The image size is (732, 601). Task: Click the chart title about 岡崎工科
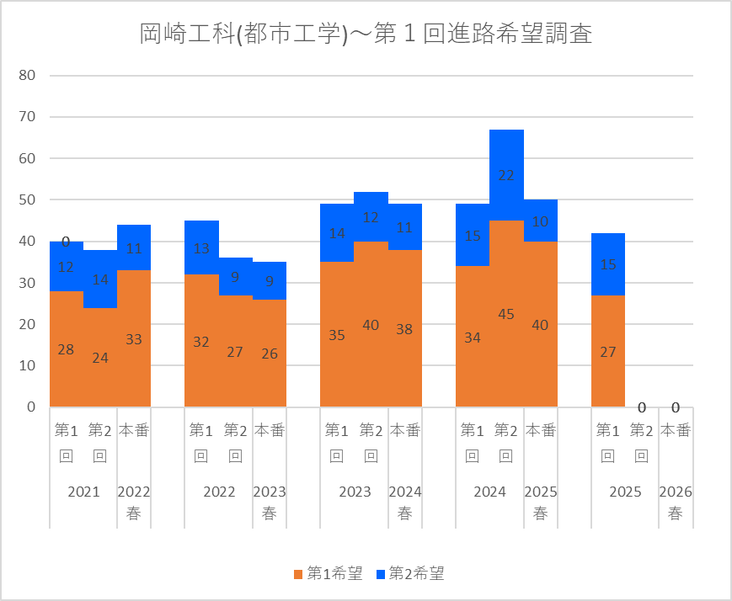366,35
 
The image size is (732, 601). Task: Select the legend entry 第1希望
328,574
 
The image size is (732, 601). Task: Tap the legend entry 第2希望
410,574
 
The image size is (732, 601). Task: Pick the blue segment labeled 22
506,175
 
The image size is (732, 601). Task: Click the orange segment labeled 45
506,313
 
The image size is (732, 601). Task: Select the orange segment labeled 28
66,348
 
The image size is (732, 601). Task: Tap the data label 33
134,340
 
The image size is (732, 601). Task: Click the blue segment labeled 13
201,248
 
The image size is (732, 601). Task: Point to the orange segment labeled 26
270,354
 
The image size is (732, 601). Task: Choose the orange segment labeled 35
337,334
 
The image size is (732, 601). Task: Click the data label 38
404,329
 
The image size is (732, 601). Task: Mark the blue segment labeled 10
540,221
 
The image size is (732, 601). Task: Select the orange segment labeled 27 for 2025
607,351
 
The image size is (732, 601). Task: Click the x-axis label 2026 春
676,503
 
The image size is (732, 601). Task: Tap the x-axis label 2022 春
134,503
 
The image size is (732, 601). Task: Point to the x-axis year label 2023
354,492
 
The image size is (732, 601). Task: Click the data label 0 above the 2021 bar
66,242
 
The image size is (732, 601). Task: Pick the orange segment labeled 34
473,337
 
